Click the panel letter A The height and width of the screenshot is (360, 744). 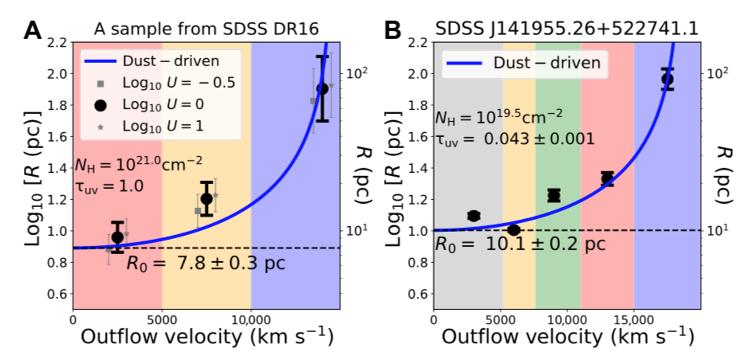click(x=33, y=29)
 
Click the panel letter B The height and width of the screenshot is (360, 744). click(x=393, y=29)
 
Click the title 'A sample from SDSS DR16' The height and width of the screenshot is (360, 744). click(x=206, y=29)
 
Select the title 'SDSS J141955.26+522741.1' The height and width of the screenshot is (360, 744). click(x=567, y=29)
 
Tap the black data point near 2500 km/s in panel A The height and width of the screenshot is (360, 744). click(x=118, y=237)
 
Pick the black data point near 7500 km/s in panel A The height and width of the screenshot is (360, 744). click(x=207, y=198)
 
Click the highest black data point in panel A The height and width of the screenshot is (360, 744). click(x=323, y=88)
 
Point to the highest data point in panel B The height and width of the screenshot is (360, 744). click(x=668, y=79)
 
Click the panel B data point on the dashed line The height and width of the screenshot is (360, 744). click(x=514, y=230)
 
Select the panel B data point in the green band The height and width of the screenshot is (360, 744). click(x=554, y=194)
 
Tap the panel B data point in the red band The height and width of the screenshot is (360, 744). click(x=607, y=178)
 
